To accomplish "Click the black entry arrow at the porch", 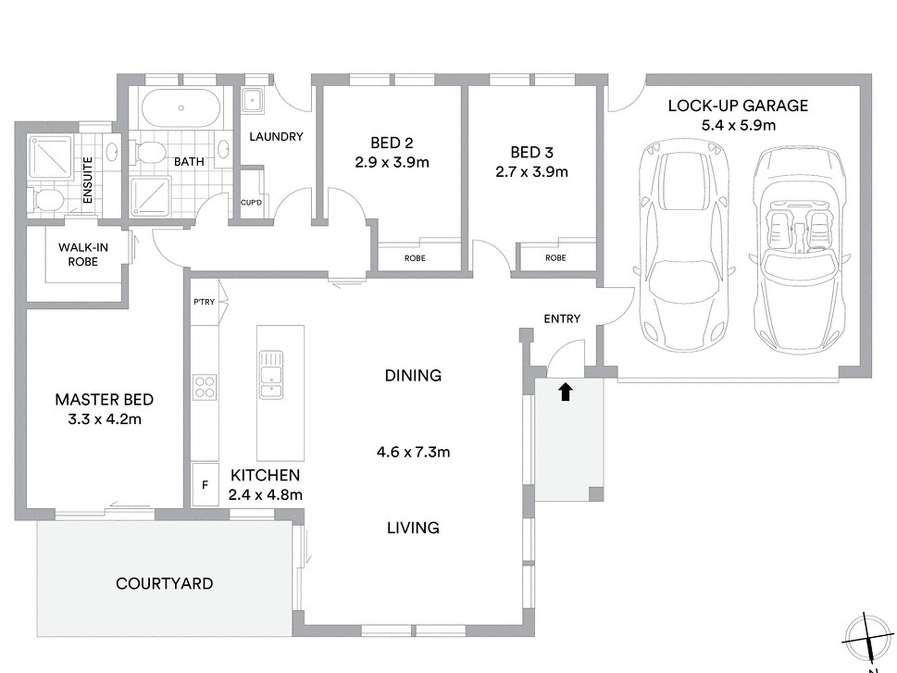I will [565, 392].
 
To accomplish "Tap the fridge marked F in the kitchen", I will [205, 485].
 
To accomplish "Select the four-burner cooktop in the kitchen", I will [205, 387].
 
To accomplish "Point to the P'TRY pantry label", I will [204, 302].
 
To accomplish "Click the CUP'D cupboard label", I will [251, 203].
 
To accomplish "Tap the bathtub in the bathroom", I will [181, 108].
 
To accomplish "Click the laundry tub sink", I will [253, 101].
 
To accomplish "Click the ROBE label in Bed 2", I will [415, 258].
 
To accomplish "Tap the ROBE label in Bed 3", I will [555, 258].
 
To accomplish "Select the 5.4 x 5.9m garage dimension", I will [738, 126].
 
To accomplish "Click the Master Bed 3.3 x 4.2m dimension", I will [104, 419].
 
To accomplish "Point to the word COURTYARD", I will [164, 584].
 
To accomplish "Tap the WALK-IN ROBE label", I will [83, 255].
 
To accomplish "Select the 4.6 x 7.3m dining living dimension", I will [413, 452].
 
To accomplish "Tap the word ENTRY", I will [562, 319].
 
